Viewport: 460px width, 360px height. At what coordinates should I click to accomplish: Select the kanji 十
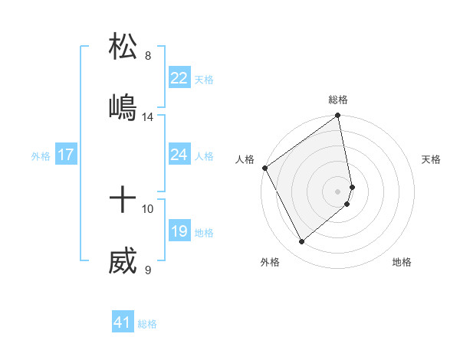pyautogui.click(x=123, y=201)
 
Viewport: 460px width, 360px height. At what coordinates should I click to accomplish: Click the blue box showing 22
pyautogui.click(x=179, y=78)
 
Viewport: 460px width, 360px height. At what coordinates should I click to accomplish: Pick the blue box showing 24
pyautogui.click(x=179, y=155)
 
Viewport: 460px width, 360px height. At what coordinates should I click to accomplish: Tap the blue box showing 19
pyautogui.click(x=179, y=231)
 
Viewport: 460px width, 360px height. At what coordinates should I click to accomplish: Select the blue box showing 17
pyautogui.click(x=65, y=155)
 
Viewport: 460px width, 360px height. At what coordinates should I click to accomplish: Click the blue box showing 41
pyautogui.click(x=123, y=322)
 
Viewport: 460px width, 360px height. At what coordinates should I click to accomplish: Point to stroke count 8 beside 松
pyautogui.click(x=148, y=56)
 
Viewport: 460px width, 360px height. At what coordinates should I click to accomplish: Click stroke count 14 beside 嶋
pyautogui.click(x=148, y=117)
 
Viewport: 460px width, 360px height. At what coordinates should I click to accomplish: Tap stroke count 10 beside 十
pyautogui.click(x=148, y=208)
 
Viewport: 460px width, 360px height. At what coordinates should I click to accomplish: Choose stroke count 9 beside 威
pyautogui.click(x=148, y=270)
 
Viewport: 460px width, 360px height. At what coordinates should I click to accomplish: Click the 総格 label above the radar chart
pyautogui.click(x=338, y=100)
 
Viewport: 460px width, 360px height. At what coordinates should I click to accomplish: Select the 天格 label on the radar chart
pyautogui.click(x=432, y=159)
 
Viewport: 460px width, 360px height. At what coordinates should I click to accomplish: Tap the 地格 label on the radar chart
pyautogui.click(x=402, y=262)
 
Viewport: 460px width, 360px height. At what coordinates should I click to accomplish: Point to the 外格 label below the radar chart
pyautogui.click(x=270, y=262)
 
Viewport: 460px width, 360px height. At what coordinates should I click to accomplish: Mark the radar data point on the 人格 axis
pyautogui.click(x=264, y=168)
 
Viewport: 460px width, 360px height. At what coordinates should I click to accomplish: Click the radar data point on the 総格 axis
pyautogui.click(x=338, y=116)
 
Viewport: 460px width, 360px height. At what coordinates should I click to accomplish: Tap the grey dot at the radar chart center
pyautogui.click(x=338, y=191)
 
